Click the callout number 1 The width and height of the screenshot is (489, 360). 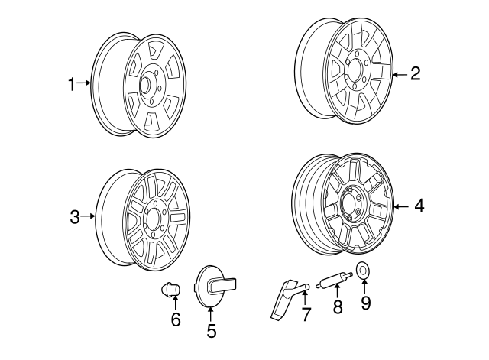72,84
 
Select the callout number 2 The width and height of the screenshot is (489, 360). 416,74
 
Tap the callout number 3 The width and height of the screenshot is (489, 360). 75,217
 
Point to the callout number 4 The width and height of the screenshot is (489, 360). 419,206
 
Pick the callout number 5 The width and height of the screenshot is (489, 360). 212,331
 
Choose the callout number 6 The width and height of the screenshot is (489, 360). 176,319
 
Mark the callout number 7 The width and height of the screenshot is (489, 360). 306,314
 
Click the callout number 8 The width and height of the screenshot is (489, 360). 338,306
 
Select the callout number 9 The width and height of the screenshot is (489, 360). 365,302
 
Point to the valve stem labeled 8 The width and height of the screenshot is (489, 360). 335,280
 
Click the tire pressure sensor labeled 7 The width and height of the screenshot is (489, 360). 285,298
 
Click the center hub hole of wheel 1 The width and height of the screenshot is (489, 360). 145,85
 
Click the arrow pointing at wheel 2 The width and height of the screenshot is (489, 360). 400,75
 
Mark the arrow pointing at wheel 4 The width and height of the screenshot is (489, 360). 401,206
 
